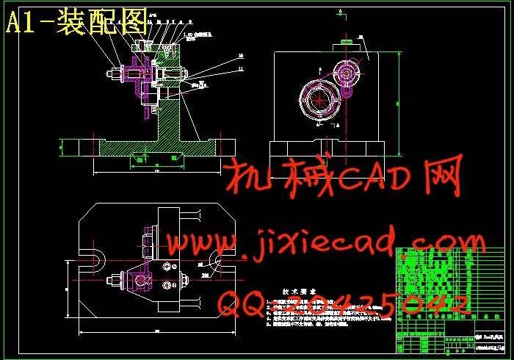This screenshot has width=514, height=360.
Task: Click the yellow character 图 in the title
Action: (132, 24)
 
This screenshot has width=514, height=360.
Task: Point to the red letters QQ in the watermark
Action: (245, 303)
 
